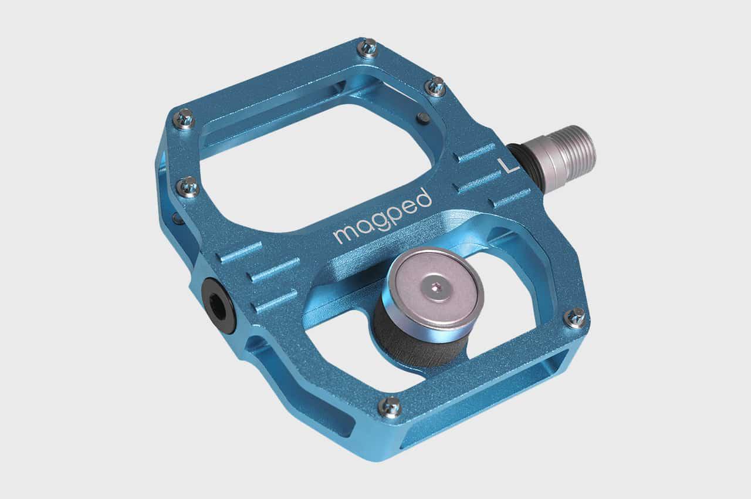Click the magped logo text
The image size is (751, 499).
click(383, 217)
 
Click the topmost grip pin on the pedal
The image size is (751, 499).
click(368, 49)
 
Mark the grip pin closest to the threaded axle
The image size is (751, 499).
click(435, 86)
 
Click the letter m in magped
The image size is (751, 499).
click(344, 234)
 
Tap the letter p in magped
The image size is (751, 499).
click(395, 215)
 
